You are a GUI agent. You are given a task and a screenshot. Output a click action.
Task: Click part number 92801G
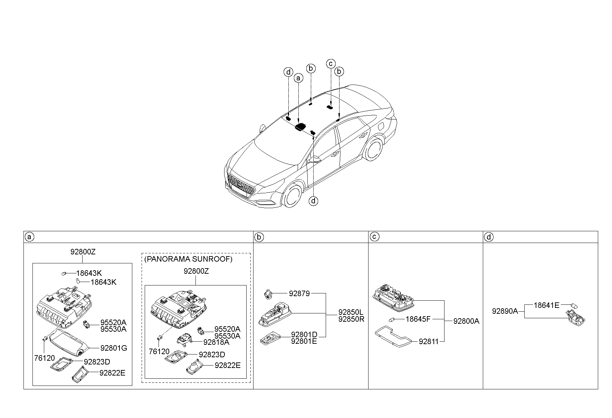click(114, 348)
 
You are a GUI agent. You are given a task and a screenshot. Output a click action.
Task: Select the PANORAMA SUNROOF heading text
click(188, 259)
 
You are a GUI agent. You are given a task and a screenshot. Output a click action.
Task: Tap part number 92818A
click(216, 342)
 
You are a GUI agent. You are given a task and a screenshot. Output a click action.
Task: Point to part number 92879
click(299, 293)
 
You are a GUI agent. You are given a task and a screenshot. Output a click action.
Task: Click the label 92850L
click(351, 312)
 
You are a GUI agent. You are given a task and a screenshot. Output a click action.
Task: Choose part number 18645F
click(418, 319)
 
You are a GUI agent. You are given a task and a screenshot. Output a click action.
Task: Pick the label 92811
click(428, 341)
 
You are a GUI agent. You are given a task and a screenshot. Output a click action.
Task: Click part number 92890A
click(505, 311)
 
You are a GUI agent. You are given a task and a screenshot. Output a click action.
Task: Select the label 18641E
click(546, 305)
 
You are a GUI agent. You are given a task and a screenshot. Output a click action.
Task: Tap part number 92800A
click(466, 321)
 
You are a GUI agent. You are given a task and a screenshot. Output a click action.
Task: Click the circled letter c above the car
click(331, 64)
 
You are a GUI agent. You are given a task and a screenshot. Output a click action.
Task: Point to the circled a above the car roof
click(298, 78)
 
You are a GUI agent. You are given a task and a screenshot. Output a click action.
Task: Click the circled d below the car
click(313, 201)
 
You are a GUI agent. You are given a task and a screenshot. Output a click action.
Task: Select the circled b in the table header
click(259, 237)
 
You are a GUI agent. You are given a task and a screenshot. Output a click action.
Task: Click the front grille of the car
click(241, 185)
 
